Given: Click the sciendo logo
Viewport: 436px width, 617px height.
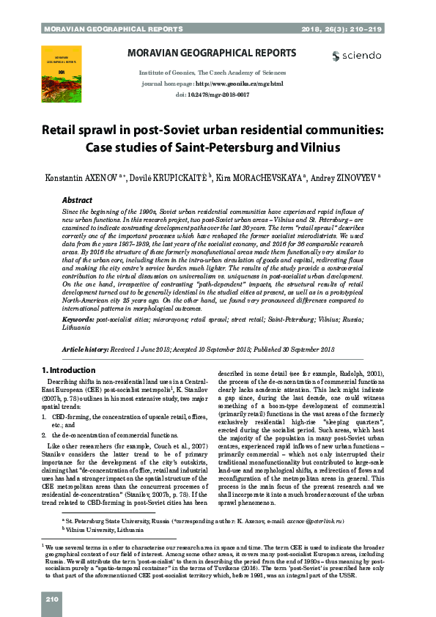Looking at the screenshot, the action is pyautogui.click(x=357, y=56).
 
